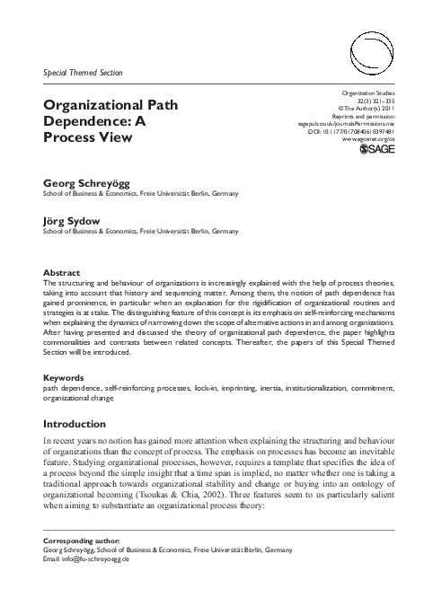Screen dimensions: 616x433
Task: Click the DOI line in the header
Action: [x=358, y=132]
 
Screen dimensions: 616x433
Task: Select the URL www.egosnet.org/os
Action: [x=369, y=142]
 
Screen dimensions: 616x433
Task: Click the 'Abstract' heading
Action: [x=62, y=272]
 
